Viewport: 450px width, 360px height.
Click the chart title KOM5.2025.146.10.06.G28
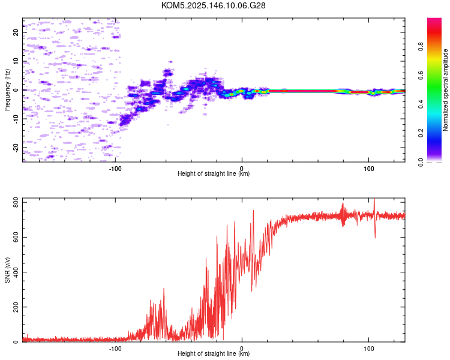point(213,5)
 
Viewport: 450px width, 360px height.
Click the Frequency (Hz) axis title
point(7,90)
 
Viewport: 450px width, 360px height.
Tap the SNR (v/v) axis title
point(7,270)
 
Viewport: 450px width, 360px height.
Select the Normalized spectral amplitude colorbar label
point(445,90)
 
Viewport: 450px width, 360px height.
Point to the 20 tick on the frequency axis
point(16,32)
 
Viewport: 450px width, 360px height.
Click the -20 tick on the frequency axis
point(16,148)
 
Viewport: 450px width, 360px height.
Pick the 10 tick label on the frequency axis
point(16,61)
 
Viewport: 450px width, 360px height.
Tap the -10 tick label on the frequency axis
point(16,119)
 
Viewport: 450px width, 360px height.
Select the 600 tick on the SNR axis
point(16,237)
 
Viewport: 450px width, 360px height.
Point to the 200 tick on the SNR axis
point(16,307)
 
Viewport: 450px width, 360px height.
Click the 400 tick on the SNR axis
point(16,272)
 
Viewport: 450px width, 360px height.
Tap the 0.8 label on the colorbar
point(421,46)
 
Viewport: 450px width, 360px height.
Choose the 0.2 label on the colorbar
point(421,133)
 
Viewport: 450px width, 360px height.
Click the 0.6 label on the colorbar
point(421,75)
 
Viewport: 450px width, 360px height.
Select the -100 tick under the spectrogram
point(115,169)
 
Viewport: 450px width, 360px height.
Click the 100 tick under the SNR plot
point(369,349)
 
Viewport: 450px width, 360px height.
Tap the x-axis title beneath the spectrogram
point(214,173)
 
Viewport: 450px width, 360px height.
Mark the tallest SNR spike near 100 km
point(374,199)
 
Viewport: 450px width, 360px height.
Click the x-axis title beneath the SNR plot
point(214,353)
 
